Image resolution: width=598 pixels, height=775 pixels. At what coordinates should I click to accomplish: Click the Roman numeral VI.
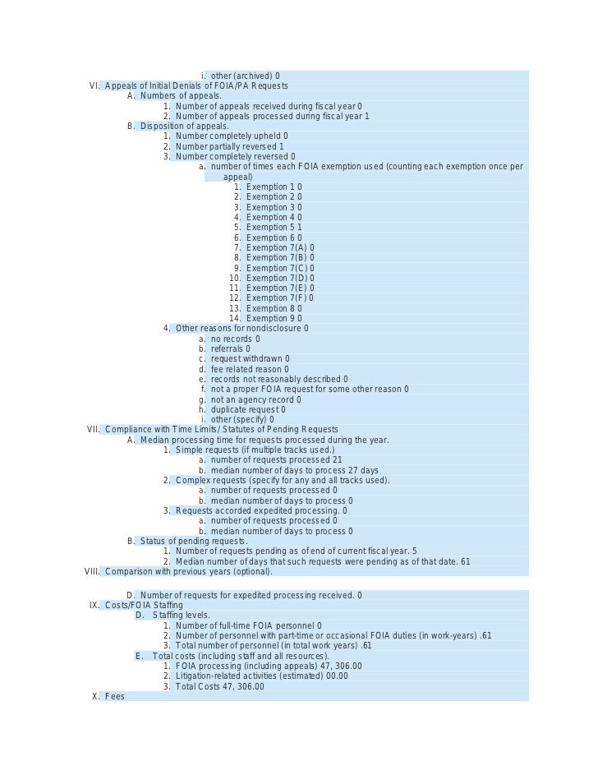pyautogui.click(x=94, y=86)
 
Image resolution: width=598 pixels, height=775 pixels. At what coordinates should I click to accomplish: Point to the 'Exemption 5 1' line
pyautogui.click(x=274, y=228)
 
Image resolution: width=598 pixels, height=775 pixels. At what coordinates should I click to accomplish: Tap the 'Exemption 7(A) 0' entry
pyautogui.click(x=279, y=247)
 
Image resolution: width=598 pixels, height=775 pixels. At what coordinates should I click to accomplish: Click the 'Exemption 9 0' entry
pyautogui.click(x=274, y=319)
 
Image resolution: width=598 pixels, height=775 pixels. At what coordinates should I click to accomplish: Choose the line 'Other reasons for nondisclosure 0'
pyautogui.click(x=241, y=329)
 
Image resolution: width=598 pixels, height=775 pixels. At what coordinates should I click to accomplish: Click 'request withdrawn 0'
pyautogui.click(x=250, y=359)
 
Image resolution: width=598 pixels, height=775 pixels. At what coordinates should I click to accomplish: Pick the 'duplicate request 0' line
pyautogui.click(x=248, y=409)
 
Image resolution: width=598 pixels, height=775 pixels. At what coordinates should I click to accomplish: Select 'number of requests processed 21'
pyautogui.click(x=270, y=460)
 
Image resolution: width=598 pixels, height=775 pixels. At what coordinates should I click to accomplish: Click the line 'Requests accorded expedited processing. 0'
pyautogui.click(x=260, y=510)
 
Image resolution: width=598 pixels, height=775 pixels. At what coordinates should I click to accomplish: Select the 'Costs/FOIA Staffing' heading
pyautogui.click(x=144, y=606)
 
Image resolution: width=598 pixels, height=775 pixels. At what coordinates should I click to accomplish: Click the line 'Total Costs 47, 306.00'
pyautogui.click(x=219, y=686)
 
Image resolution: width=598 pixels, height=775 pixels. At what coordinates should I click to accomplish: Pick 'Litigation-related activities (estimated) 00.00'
pyautogui.click(x=261, y=676)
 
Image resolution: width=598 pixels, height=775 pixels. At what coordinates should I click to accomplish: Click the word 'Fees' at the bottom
pyautogui.click(x=115, y=697)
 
